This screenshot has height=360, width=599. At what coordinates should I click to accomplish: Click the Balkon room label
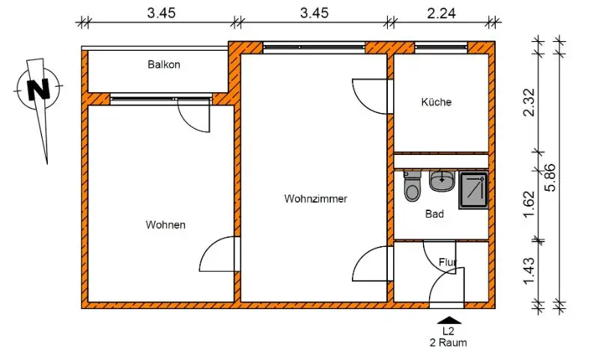tap(164, 65)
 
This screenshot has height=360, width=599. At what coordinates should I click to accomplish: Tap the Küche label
tap(437, 103)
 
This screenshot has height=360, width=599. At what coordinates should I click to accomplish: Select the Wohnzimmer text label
tap(315, 199)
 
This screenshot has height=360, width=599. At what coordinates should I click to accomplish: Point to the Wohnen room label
tap(165, 225)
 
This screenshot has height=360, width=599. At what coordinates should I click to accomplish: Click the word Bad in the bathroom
tap(434, 214)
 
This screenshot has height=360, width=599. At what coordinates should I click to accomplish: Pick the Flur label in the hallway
tap(449, 262)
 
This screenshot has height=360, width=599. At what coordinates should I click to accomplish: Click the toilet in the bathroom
tap(412, 187)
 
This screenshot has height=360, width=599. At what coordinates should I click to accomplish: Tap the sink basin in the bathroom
tap(443, 180)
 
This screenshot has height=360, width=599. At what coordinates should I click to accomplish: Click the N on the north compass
tap(37, 90)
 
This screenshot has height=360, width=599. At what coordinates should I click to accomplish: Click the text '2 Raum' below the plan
tap(449, 343)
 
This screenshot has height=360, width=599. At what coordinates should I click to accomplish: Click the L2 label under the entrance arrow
tap(449, 331)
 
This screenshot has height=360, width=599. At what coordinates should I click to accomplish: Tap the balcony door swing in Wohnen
tap(193, 117)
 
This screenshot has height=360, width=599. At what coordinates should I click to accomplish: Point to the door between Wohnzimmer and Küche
tap(371, 95)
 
